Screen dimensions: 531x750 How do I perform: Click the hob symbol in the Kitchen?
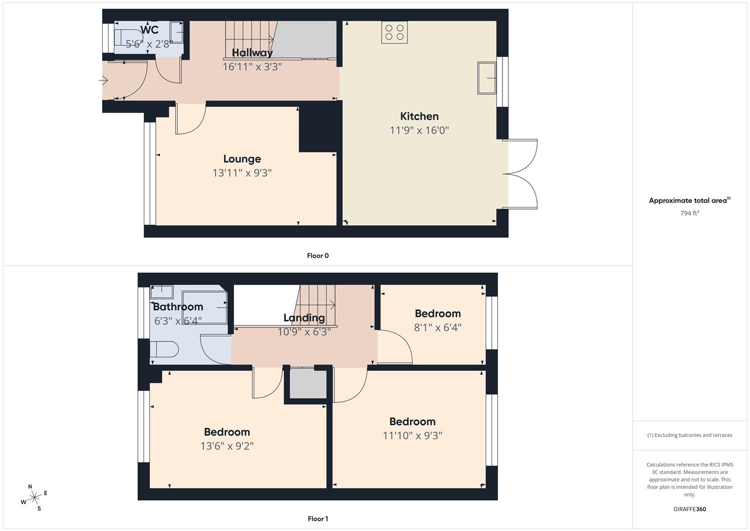[x=394, y=32]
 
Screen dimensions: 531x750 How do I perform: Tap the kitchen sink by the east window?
[x=486, y=78]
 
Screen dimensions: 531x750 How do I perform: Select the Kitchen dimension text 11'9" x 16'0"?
[x=419, y=130]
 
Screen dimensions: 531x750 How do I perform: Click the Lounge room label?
[x=242, y=159]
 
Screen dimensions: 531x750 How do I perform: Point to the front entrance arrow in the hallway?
[x=103, y=80]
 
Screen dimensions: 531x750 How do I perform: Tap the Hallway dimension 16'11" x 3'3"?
[x=252, y=66]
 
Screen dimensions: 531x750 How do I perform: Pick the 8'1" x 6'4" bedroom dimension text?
[x=437, y=327]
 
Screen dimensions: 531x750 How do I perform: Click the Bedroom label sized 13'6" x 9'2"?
[x=226, y=432]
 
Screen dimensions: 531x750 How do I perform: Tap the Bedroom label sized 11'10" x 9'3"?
[x=412, y=421]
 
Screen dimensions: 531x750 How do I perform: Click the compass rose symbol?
[x=34, y=498]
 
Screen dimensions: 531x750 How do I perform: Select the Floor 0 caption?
[x=318, y=256]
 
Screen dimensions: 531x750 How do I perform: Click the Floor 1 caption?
[x=318, y=519]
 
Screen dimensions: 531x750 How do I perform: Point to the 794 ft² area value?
[x=690, y=213]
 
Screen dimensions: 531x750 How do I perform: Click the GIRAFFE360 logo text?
[x=690, y=509]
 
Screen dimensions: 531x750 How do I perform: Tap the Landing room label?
[x=304, y=318]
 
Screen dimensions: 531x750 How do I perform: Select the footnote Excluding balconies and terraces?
[x=690, y=435]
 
